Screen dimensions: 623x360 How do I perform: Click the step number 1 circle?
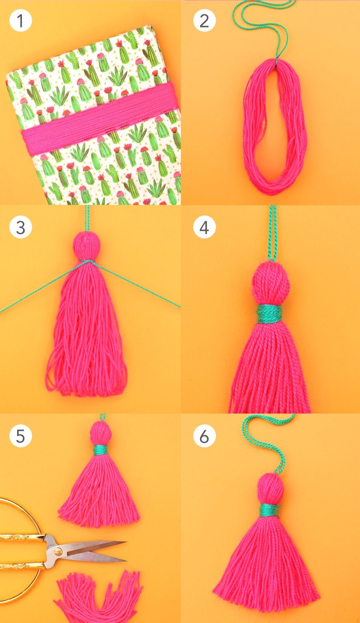[20, 21]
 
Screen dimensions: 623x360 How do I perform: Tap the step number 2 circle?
[204, 21]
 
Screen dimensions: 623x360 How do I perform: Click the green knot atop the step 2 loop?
[276, 60]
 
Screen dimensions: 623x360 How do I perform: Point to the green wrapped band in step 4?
[270, 314]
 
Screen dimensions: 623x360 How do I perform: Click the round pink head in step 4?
[271, 284]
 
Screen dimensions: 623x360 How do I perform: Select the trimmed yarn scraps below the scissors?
[97, 596]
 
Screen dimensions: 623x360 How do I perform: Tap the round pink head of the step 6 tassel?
[270, 488]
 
